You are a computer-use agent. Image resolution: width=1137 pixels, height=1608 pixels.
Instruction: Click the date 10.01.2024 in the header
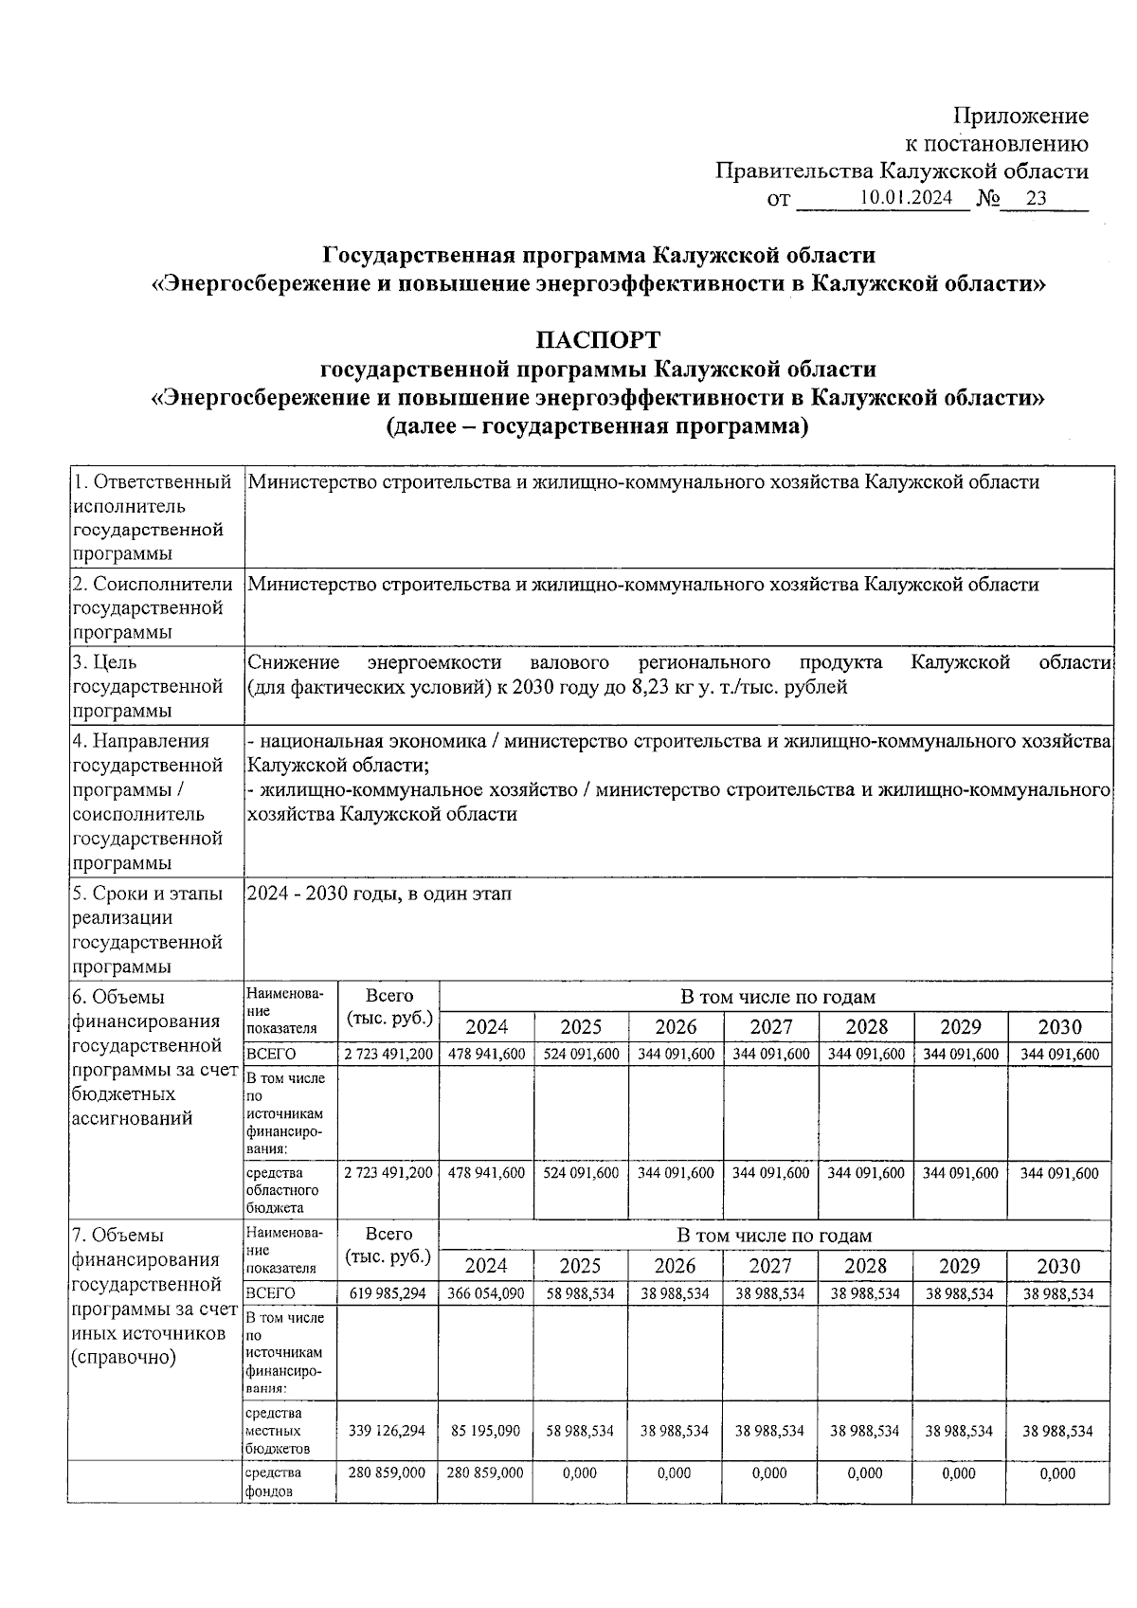(906, 198)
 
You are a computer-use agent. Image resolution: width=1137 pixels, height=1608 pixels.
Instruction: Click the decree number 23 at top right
(1036, 198)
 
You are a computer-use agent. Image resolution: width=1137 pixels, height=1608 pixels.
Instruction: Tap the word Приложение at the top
(1020, 117)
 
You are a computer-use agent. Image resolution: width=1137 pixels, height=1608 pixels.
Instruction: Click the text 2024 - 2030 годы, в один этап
(379, 894)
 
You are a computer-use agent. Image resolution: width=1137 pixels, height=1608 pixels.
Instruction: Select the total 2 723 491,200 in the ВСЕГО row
(388, 1054)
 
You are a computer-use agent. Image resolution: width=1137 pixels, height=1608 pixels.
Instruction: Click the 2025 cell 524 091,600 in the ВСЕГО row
(581, 1054)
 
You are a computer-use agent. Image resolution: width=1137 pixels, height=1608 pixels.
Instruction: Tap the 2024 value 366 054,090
(486, 1293)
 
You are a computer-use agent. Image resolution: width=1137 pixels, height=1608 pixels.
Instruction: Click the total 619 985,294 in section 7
(388, 1293)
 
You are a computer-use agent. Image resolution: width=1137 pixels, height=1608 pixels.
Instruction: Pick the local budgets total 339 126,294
(388, 1431)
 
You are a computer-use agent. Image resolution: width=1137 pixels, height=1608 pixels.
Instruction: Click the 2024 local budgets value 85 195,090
(486, 1431)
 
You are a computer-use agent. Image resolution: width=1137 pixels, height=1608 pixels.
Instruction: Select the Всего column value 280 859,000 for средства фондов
(388, 1473)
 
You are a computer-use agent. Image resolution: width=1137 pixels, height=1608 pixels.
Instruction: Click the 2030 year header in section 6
(1059, 1027)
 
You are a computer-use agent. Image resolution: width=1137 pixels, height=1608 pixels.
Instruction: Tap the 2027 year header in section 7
(770, 1266)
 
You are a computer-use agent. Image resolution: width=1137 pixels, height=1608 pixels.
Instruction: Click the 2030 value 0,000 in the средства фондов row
(1058, 1473)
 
